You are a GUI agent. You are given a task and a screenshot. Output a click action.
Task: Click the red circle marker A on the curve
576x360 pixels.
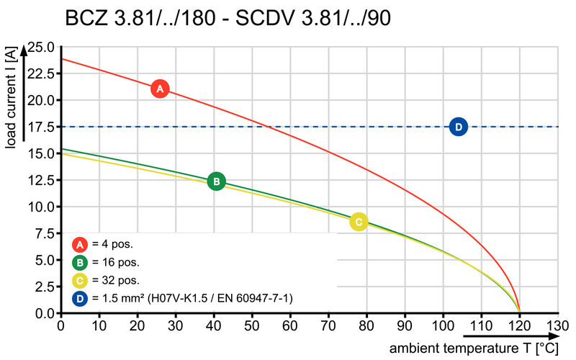[160, 89]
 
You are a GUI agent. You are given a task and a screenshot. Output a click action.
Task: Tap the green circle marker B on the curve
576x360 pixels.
[216, 181]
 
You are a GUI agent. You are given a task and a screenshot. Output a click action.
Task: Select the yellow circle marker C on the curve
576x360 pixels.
[358, 222]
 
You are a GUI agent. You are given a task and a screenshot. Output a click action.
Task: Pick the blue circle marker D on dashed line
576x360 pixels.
[458, 127]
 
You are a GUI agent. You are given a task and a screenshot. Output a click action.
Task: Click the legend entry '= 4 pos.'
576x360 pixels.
[112, 243]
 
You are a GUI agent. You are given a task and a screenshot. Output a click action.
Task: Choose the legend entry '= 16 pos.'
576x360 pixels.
[114, 261]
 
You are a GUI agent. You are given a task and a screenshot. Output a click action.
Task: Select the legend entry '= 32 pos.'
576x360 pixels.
[114, 279]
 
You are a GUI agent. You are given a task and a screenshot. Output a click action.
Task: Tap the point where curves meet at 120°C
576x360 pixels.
[520, 312]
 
